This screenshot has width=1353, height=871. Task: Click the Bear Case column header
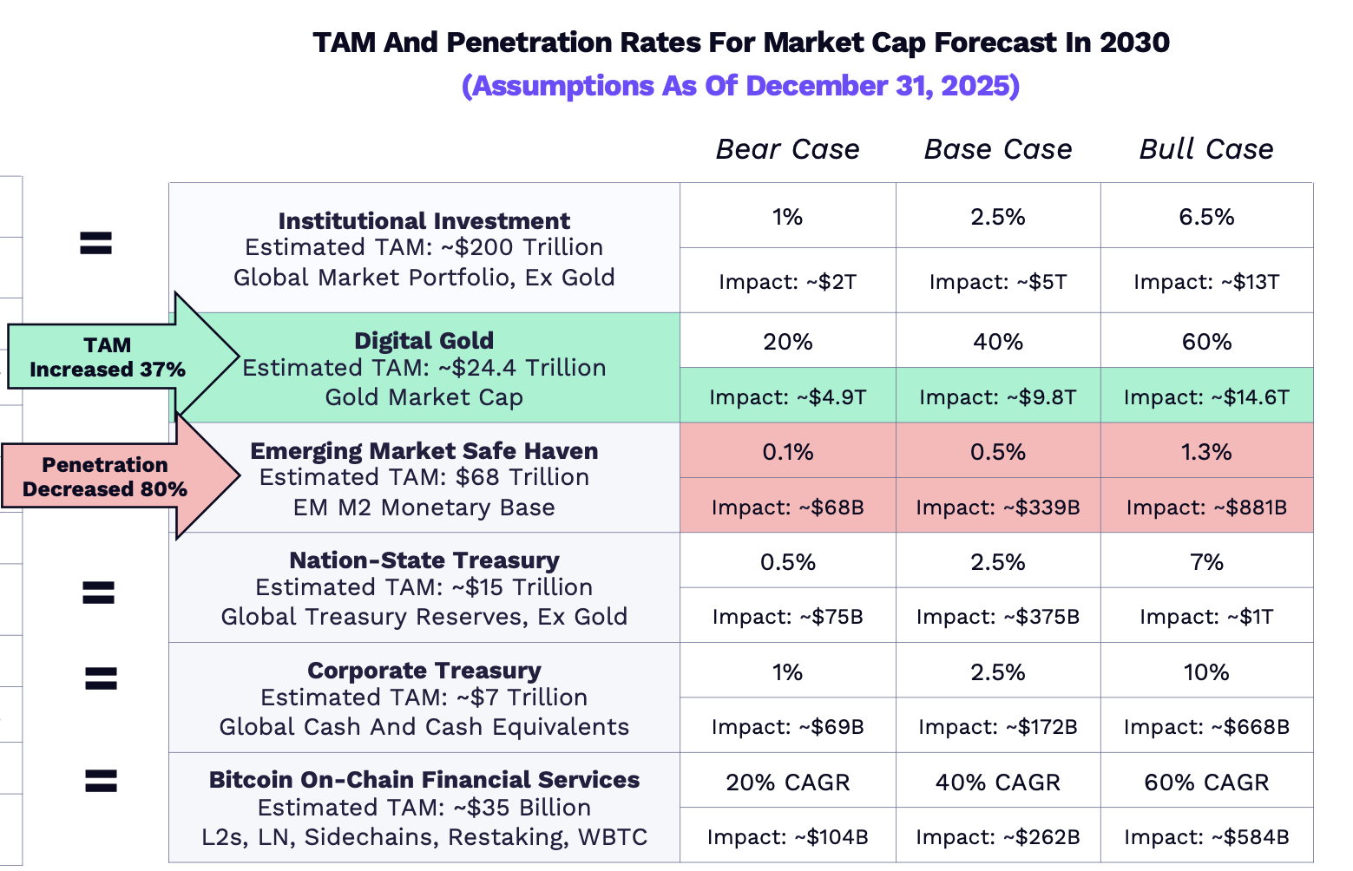787,149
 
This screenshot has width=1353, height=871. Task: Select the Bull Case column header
1206,149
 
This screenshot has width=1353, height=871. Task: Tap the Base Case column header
998,149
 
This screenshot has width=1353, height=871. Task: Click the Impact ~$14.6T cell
1206,396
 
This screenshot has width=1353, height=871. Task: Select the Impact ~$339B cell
998,507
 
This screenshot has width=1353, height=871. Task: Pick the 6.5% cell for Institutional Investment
1206,216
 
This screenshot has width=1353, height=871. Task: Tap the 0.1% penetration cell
787,451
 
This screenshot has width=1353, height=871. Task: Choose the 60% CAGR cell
1206,782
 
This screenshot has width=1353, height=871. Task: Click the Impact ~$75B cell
787,616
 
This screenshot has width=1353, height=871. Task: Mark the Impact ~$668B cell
1206,726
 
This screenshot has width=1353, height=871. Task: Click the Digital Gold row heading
424,340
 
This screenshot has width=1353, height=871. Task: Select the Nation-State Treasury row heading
424,560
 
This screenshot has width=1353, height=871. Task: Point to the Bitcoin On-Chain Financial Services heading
424,779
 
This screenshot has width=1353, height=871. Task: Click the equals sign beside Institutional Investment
95,243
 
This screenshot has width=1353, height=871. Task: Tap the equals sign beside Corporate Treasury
101,678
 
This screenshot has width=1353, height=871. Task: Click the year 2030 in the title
1133,43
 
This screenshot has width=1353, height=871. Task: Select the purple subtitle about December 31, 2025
740,86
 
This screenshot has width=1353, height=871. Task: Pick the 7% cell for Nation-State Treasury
1206,561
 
